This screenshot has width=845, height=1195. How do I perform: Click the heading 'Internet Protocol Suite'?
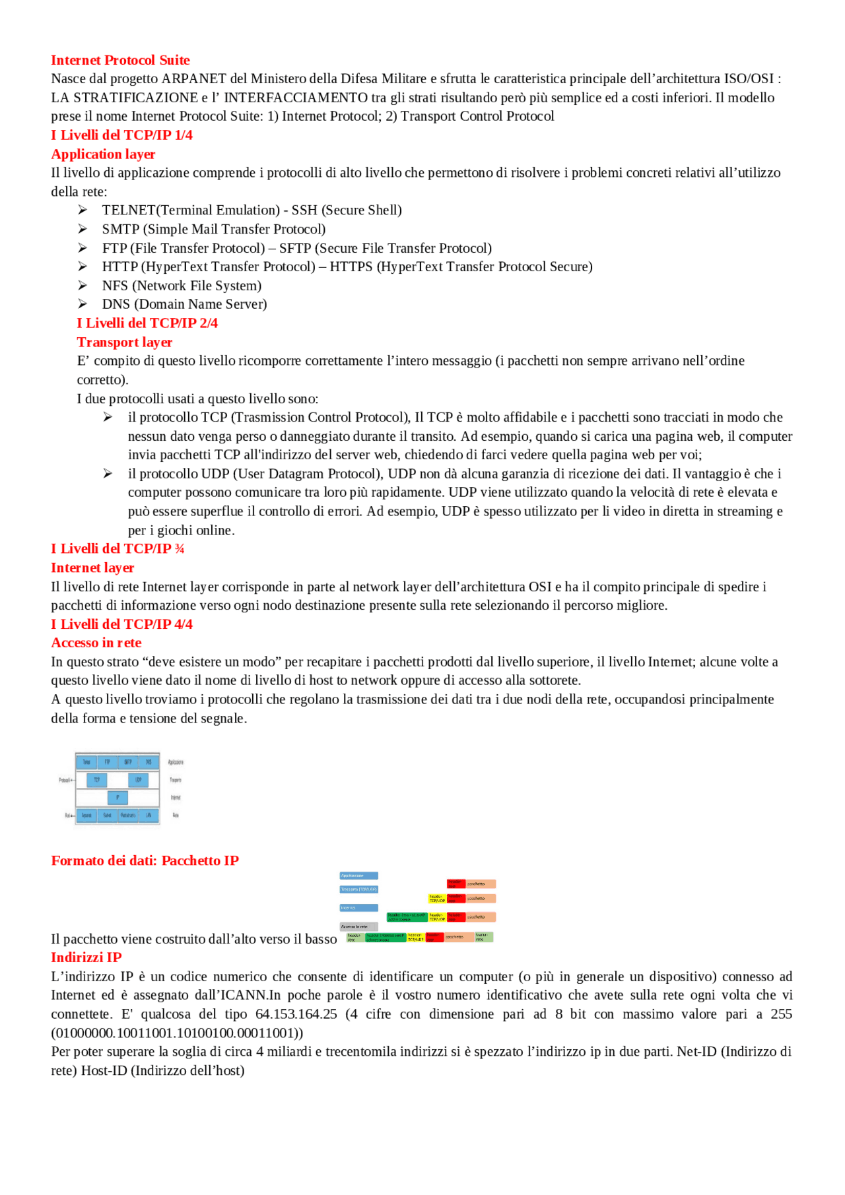[120, 60]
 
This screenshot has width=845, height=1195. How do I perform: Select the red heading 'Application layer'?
[103, 154]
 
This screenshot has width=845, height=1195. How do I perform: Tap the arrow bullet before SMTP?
[83, 228]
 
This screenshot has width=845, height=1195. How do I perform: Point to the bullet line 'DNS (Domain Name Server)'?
[184, 304]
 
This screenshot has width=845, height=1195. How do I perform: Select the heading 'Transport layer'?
[124, 342]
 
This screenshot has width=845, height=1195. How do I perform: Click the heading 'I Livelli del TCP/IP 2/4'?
[147, 323]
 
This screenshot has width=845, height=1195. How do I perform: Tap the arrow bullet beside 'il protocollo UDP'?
[108, 473]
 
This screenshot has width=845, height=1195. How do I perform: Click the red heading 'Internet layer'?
[92, 567]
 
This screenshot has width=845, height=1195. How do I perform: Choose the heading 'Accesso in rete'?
[96, 643]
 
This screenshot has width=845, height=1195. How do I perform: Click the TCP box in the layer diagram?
[97, 780]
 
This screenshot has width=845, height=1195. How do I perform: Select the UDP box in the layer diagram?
[138, 780]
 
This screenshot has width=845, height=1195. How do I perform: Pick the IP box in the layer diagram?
[118, 798]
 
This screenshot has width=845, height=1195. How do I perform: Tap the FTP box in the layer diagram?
[107, 762]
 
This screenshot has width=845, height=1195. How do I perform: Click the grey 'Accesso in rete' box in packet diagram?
[358, 926]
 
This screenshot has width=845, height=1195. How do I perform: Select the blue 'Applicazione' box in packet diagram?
[358, 876]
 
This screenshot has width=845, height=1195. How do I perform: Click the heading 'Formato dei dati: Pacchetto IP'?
[145, 860]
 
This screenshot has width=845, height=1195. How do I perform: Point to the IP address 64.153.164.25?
[296, 1014]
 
